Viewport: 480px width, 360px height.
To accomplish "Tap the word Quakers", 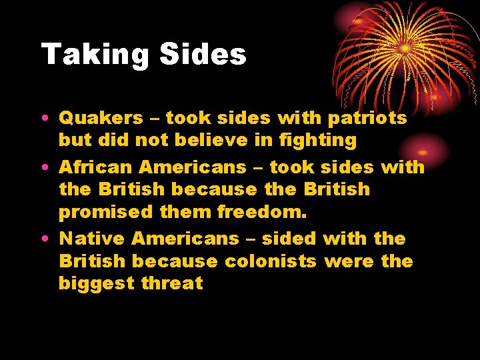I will click(x=101, y=118).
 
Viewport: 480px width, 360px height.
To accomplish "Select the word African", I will click(x=95, y=167).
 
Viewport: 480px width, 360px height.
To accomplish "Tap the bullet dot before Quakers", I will click(x=45, y=119).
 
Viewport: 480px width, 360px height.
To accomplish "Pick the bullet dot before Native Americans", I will click(x=45, y=239).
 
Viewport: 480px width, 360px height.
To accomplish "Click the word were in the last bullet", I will click(x=349, y=261).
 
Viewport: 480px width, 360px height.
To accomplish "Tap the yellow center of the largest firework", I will click(x=405, y=48).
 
